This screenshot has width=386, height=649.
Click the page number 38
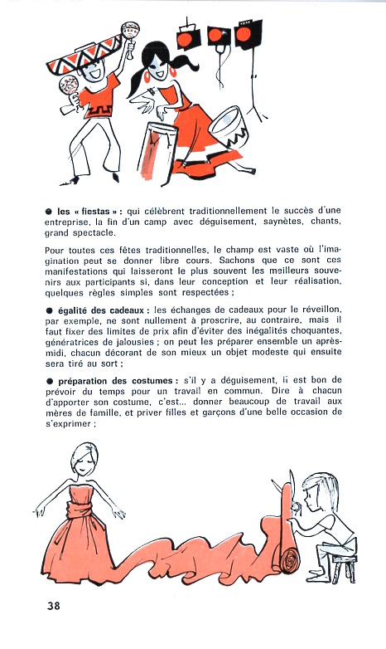[x=54, y=606]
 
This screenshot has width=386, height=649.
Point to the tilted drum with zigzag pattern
[x=229, y=127]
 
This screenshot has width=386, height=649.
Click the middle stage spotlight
[x=219, y=37]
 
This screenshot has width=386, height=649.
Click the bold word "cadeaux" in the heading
[x=127, y=310]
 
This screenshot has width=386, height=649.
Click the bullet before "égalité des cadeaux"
[x=49, y=311]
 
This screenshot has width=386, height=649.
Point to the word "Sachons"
[x=238, y=261]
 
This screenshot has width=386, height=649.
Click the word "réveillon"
[x=320, y=310]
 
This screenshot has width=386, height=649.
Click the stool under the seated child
[x=344, y=568]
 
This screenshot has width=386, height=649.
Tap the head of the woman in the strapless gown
[x=84, y=458]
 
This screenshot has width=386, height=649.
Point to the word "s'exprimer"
[x=68, y=424]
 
